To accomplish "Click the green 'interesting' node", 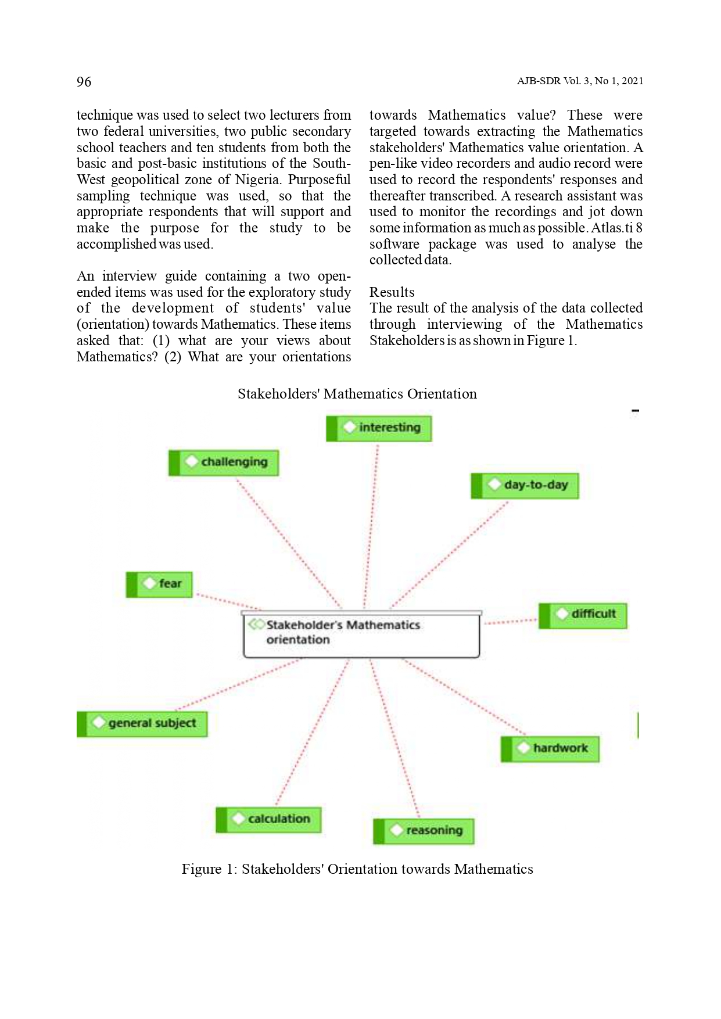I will [x=379, y=428].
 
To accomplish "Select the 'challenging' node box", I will [x=224, y=462].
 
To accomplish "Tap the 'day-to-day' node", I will [x=525, y=485].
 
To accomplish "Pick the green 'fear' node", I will [x=159, y=584].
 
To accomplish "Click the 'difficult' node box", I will [x=583, y=615].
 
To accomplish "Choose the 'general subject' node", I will [x=142, y=724].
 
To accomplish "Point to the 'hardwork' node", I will [x=550, y=749].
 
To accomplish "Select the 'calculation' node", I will [x=268, y=820].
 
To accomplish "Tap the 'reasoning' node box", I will [x=424, y=831].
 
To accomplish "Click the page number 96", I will [x=84, y=81].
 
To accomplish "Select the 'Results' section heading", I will [x=392, y=292].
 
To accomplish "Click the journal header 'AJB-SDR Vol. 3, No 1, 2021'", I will [x=580, y=81].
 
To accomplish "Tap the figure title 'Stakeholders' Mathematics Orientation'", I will [x=357, y=394].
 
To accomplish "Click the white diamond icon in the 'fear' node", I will [x=150, y=583].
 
